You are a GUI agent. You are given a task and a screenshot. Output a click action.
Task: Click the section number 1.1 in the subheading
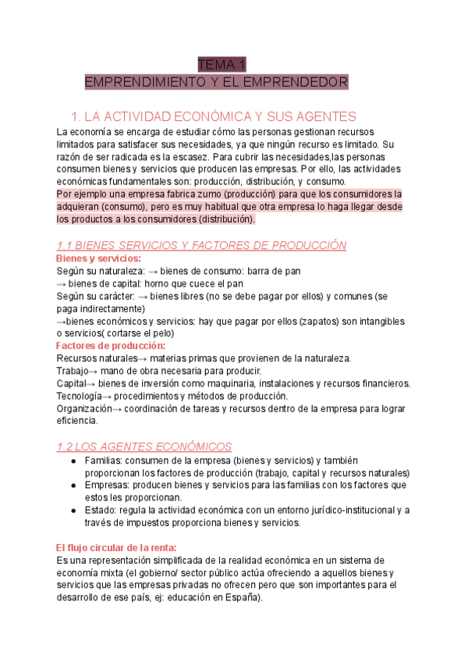point(66,245)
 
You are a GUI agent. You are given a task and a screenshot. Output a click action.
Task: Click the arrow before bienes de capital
point(62,283)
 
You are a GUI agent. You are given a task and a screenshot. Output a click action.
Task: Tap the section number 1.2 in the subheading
point(67,447)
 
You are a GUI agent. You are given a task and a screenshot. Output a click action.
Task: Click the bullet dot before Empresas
point(73,486)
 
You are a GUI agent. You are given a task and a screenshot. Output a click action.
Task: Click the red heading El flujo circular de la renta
point(116,547)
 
